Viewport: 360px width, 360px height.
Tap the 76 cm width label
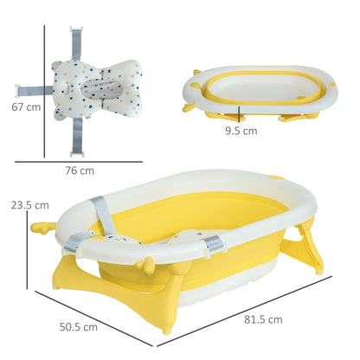pyautogui.click(x=80, y=170)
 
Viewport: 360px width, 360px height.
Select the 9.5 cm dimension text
pyautogui.click(x=241, y=132)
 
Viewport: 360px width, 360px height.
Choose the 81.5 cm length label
pyautogui.click(x=263, y=319)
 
